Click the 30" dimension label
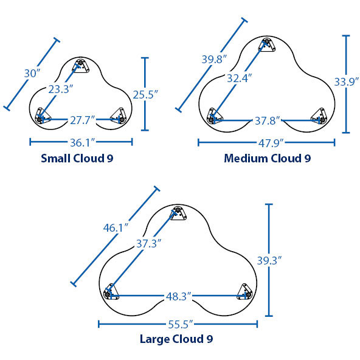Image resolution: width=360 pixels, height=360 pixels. [32, 74]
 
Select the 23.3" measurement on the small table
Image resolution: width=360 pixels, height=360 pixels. [61, 89]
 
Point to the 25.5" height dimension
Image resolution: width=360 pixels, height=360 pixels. [145, 94]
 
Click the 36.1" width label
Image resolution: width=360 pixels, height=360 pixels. [82, 142]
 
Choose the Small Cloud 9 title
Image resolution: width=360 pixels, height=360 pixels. [77, 158]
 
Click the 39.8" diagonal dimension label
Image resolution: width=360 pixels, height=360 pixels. [214, 59]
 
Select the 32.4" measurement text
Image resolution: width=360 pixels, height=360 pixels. [240, 78]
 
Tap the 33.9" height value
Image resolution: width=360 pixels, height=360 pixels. [347, 81]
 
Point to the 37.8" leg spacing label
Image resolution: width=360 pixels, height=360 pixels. [268, 120]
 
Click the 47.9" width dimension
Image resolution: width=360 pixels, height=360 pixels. [271, 143]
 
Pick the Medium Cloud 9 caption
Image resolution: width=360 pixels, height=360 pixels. [268, 158]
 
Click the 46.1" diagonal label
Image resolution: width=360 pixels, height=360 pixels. [116, 228]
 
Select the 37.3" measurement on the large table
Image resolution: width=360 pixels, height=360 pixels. [149, 243]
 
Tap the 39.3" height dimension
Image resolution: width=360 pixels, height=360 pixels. [269, 260]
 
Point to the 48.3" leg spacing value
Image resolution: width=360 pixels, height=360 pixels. [179, 296]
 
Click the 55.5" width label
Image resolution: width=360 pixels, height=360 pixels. [181, 324]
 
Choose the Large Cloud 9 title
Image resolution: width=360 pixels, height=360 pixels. [176, 339]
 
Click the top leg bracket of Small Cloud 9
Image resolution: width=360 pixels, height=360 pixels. [81, 66]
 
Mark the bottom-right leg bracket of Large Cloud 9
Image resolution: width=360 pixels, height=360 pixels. [244, 292]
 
